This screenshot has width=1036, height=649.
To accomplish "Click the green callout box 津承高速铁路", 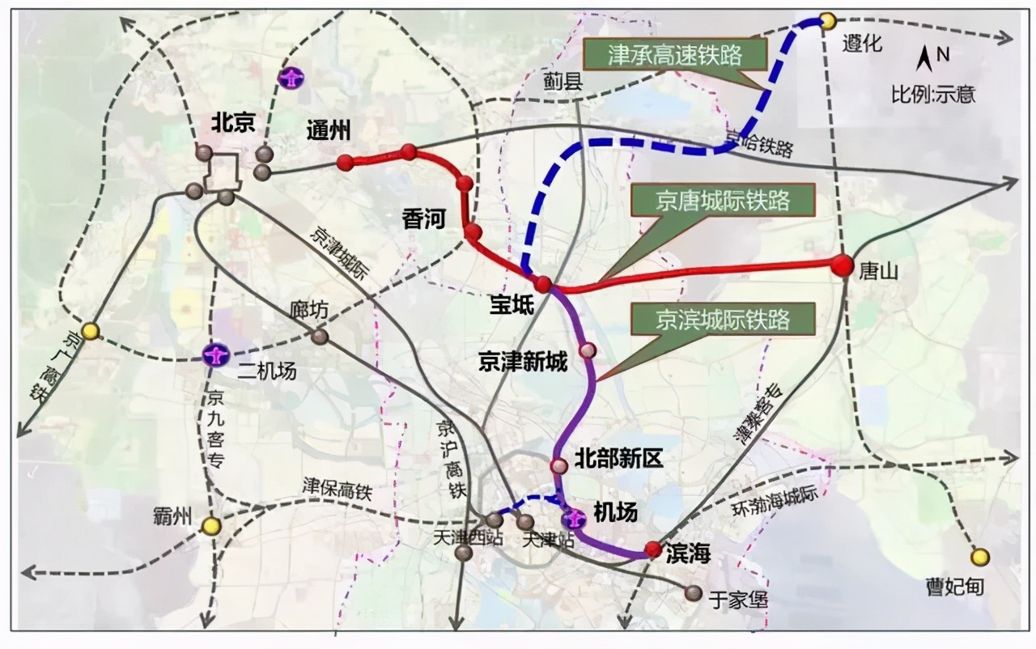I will [x=686, y=56].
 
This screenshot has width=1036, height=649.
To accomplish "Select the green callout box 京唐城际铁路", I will [x=723, y=199].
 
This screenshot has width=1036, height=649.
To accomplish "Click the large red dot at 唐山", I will [x=843, y=265].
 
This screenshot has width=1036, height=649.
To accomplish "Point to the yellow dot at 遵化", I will [x=828, y=20].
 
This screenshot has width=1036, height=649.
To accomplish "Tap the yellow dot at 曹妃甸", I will [x=980, y=557].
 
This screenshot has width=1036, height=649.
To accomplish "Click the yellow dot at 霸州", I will [x=211, y=526].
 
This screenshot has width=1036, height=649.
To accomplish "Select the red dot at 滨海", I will [x=653, y=550].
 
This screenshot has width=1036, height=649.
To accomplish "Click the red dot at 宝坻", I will [x=543, y=283].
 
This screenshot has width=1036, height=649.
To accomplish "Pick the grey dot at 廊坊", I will [x=320, y=336].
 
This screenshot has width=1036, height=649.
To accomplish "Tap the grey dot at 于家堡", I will [x=693, y=593].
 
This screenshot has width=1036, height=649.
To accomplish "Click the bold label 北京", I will [x=233, y=122].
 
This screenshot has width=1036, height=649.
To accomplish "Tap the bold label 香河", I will [x=424, y=218].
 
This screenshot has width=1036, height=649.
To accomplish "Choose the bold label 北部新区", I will [x=618, y=460].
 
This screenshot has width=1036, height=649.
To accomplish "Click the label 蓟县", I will [x=564, y=81].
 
